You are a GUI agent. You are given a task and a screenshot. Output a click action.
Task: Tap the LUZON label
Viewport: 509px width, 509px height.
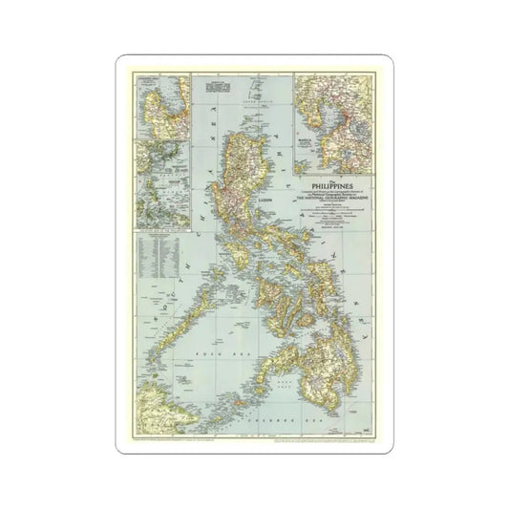coord(269,202)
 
